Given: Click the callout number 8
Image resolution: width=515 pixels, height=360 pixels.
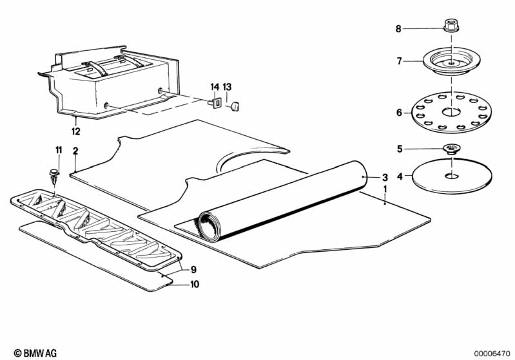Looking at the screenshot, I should [398, 28].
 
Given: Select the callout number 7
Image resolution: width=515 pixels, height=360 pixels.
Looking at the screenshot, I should [399, 61].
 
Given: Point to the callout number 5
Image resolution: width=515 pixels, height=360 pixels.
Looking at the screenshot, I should [399, 149].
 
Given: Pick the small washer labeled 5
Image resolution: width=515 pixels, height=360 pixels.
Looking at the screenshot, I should [451, 149].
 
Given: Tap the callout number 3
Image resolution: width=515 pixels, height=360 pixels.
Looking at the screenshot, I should [385, 177].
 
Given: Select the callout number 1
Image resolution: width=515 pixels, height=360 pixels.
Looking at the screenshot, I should [385, 190].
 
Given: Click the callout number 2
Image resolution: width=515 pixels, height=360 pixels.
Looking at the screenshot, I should [75, 151].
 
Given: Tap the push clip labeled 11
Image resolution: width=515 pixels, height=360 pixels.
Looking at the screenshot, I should [53, 174].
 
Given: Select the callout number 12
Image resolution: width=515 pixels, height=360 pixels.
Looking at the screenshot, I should [76, 131].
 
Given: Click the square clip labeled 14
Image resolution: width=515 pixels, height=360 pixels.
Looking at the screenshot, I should [217, 102].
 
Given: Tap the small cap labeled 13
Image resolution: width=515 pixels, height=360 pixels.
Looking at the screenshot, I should [235, 104].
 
